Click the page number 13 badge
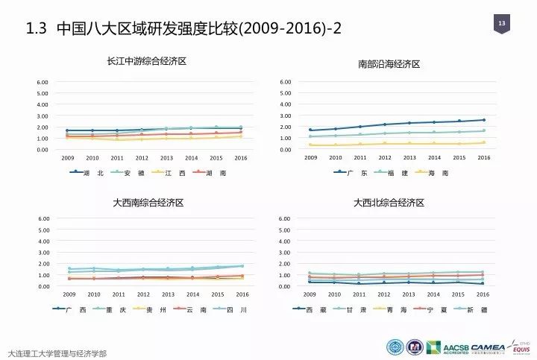click(x=502, y=25)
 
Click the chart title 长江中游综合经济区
click(x=146, y=61)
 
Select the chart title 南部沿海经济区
click(x=389, y=64)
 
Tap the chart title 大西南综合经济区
click(x=148, y=202)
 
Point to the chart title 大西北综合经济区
click(x=389, y=202)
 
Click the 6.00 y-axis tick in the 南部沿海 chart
click(x=285, y=82)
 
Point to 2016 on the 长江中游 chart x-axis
click(x=240, y=158)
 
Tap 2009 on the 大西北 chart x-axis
click(x=310, y=294)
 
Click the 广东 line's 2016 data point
click(x=483, y=119)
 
